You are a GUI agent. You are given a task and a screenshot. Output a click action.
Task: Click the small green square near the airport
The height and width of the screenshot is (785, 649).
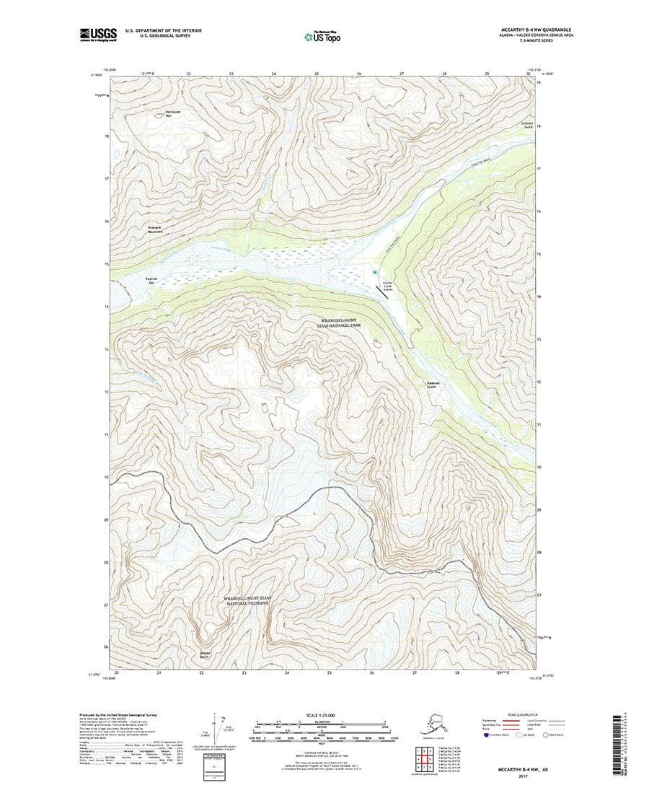pos(375,272)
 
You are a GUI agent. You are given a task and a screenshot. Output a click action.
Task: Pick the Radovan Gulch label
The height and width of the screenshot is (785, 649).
pos(432,385)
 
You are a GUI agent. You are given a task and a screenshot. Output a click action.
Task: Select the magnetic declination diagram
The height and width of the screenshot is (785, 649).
pos(217,730)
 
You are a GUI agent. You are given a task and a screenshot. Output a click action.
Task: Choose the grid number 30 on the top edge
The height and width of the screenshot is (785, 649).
pos(529,74)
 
